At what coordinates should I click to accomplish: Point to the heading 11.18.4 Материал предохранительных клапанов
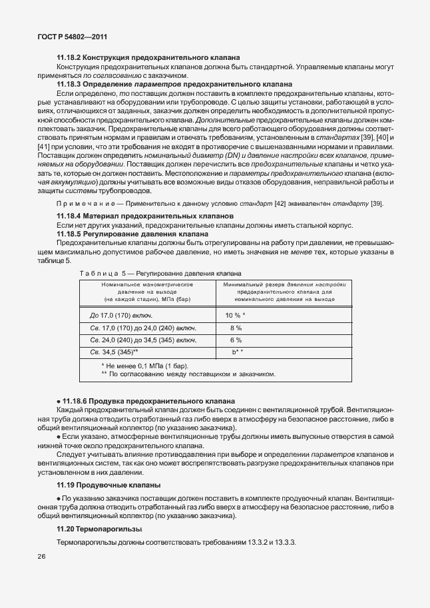(144, 216)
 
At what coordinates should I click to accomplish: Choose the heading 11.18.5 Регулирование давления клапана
(133, 234)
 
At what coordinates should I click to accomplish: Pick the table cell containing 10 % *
(235, 315)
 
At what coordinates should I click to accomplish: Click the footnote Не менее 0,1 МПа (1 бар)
(144, 366)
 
